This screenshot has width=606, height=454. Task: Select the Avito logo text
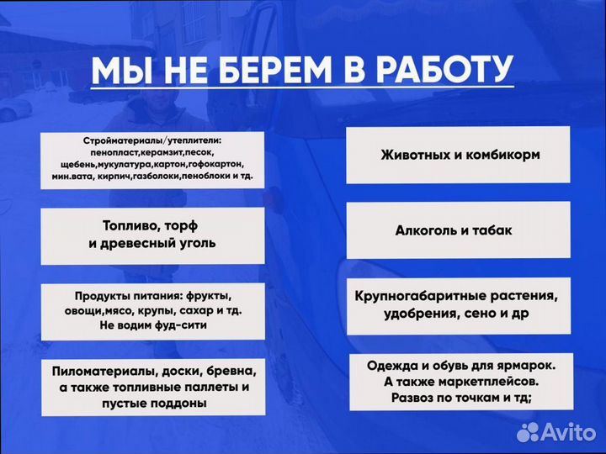567,432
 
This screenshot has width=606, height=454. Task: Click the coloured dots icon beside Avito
528,432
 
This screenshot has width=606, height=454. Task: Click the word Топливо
129,226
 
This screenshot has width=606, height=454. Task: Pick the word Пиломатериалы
107,371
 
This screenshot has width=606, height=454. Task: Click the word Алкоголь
430,230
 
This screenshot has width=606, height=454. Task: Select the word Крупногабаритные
422,297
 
